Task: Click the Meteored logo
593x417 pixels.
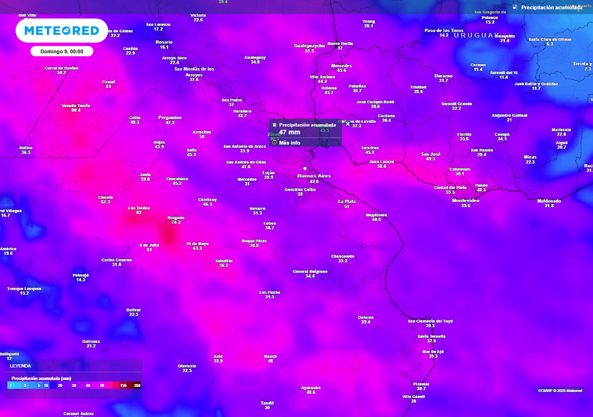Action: pos(61,30)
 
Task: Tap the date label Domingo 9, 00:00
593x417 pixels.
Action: pos(62,51)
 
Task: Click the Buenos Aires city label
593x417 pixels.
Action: pos(314,175)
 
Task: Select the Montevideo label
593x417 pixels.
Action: pos(465,200)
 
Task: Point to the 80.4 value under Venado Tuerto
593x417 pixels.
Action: pos(76,110)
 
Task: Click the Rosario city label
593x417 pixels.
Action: pos(164,42)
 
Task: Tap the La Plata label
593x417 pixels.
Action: pos(346,201)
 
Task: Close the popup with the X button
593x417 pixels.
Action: pos(347,123)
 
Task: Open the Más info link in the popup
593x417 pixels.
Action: pos(290,142)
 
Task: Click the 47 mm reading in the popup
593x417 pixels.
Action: pos(290,132)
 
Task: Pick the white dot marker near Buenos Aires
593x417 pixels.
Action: pos(305,168)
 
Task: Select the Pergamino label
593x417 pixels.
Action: pos(170,118)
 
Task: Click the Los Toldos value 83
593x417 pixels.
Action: pos(138,213)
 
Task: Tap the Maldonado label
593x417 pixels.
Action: pos(549,201)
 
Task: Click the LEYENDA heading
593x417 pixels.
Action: pos(20,366)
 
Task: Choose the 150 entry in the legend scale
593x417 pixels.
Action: pos(123,385)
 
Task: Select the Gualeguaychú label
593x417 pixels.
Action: pos(309,45)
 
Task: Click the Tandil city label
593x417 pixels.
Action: pos(267,402)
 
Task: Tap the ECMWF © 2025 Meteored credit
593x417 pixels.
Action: pos(560,390)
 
